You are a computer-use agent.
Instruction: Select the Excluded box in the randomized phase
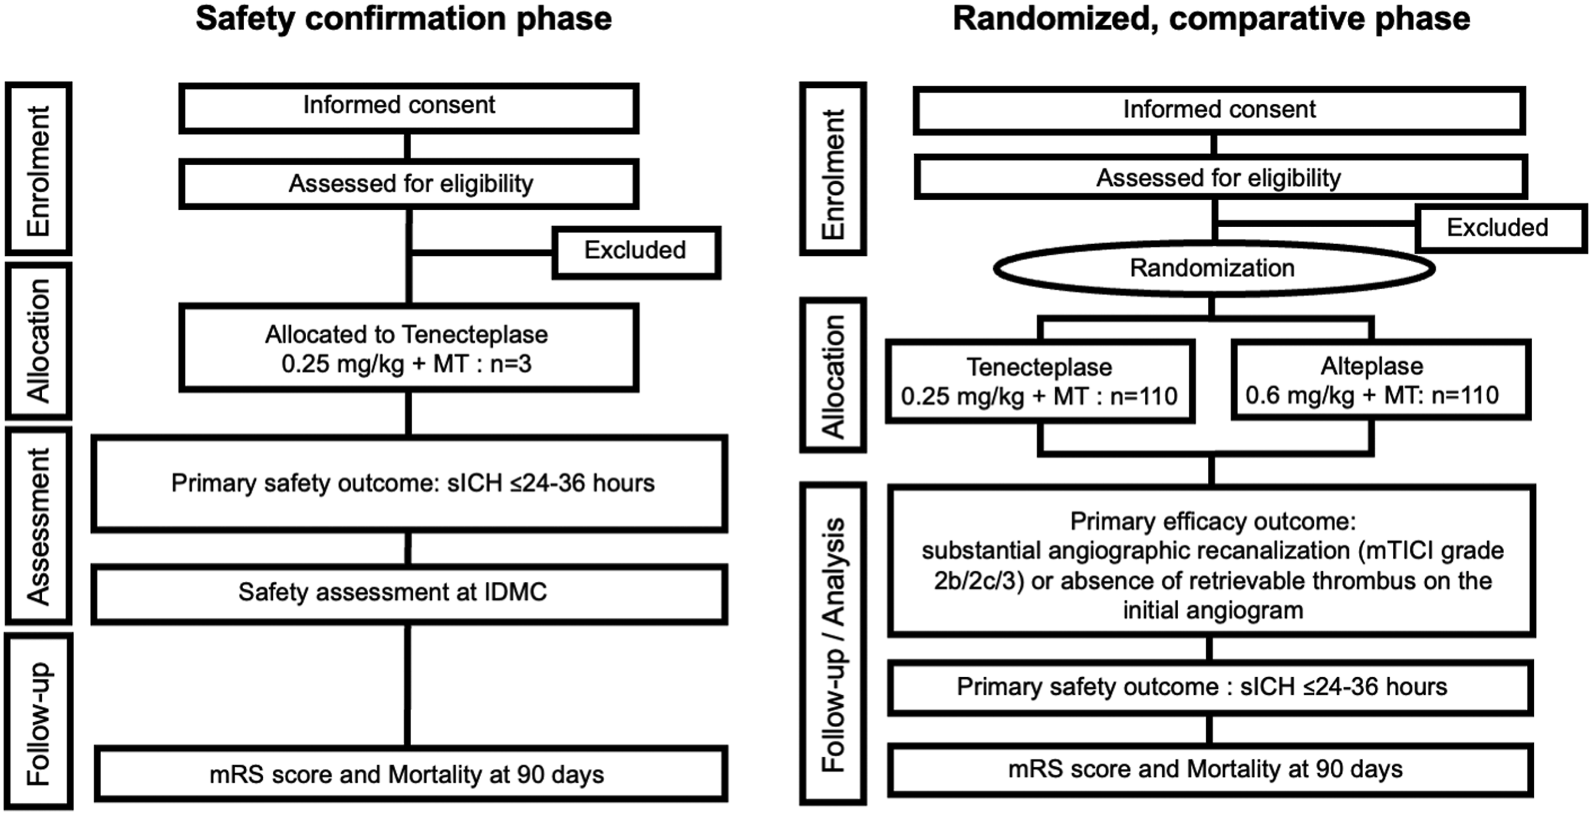(1500, 228)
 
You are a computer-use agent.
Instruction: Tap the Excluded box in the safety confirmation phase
(636, 252)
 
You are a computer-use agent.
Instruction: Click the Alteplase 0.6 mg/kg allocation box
(1381, 380)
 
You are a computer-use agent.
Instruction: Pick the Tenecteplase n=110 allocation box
(1039, 381)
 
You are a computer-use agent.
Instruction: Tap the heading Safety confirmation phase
(403, 19)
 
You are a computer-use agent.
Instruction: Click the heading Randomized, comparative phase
(1211, 19)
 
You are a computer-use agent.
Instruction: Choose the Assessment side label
(38, 526)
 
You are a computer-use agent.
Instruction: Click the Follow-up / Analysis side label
(833, 644)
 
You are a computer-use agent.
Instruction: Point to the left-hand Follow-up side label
(38, 721)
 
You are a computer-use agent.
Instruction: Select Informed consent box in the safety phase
(408, 108)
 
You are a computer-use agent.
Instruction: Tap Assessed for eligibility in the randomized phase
(1220, 177)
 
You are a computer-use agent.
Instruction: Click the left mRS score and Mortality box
(411, 774)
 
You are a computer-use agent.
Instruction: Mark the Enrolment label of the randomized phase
(833, 168)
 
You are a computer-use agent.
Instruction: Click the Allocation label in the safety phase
(38, 341)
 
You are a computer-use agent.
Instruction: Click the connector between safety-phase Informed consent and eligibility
(408, 147)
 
